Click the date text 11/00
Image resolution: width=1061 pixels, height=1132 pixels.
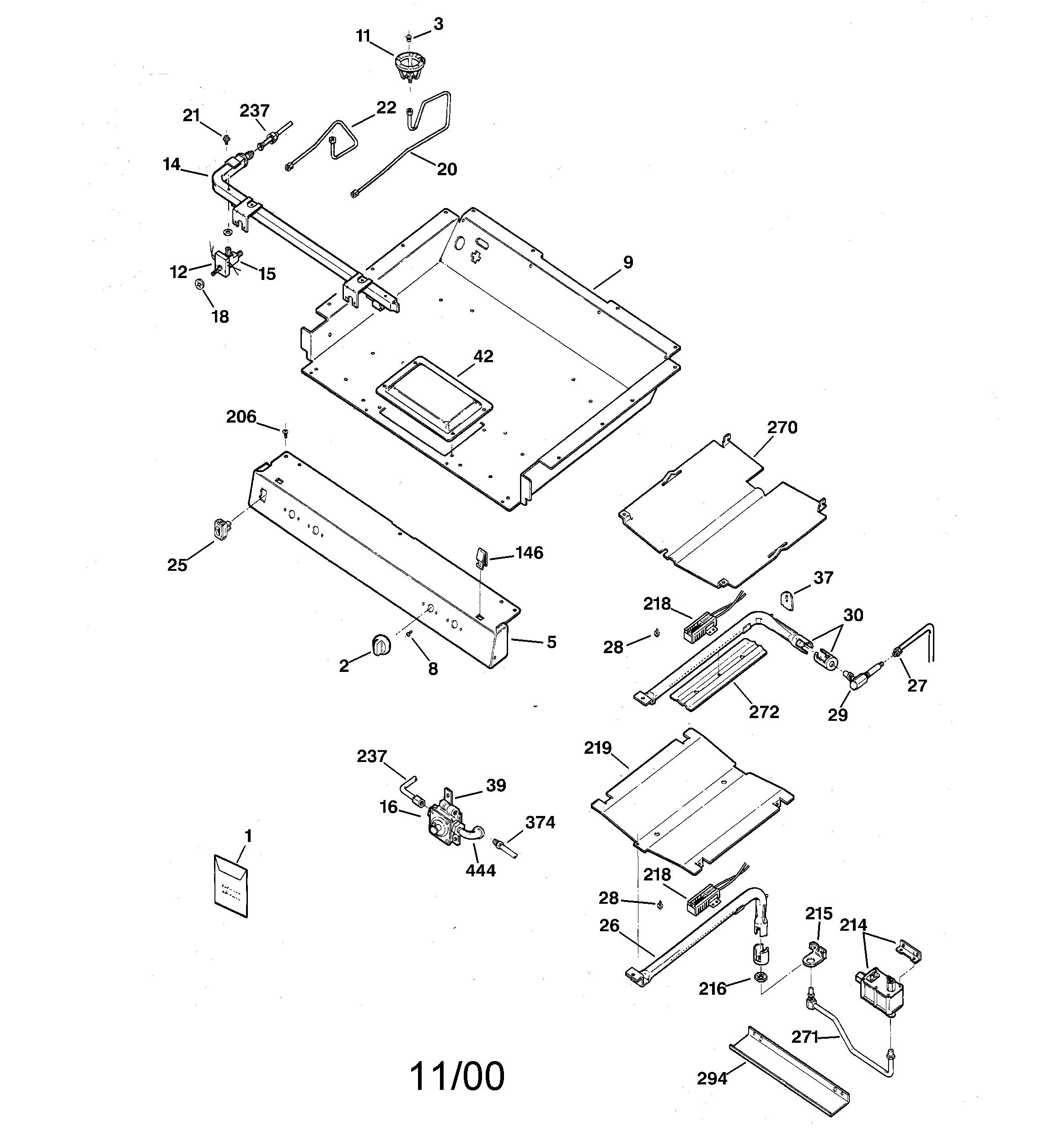(x=457, y=1076)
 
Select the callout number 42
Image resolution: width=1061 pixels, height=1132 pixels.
(x=483, y=356)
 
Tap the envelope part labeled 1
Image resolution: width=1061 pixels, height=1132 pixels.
(x=231, y=886)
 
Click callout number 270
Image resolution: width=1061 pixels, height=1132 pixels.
(x=782, y=427)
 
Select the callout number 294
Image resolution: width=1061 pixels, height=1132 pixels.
(x=712, y=1078)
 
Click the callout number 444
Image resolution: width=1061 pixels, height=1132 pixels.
(x=480, y=870)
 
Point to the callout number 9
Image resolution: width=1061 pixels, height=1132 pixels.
(x=627, y=263)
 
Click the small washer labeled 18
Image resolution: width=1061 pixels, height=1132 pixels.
(x=200, y=284)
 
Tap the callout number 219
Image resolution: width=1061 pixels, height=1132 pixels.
(x=597, y=748)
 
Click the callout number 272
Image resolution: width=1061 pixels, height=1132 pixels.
(x=764, y=712)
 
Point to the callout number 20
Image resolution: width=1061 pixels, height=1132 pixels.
(x=446, y=169)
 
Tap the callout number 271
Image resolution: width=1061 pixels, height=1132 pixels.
(x=805, y=1037)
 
